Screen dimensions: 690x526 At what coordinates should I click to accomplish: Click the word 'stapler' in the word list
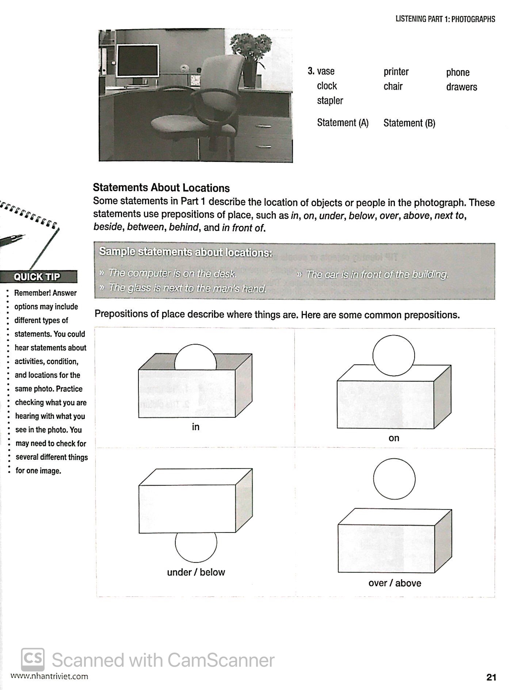329,101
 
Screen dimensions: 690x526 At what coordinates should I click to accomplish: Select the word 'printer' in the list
396,72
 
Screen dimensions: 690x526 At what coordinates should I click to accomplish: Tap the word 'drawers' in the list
461,87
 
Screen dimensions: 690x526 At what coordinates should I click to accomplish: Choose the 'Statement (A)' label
343,123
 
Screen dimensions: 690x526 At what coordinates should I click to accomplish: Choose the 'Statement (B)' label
409,123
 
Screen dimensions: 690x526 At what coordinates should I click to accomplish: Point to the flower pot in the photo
249,74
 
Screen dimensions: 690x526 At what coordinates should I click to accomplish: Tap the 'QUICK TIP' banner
38,277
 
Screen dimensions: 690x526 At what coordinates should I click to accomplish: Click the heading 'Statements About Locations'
161,188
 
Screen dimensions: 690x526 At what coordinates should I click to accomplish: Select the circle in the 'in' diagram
195,357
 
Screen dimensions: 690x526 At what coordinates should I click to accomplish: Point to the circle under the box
196,546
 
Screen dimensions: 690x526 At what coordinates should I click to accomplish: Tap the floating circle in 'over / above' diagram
394,479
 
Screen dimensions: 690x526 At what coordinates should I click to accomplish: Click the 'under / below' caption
196,572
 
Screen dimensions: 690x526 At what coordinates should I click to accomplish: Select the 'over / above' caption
394,583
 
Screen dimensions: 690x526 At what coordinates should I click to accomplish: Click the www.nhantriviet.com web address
49,676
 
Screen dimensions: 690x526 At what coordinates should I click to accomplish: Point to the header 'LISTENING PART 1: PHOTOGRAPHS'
445,19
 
